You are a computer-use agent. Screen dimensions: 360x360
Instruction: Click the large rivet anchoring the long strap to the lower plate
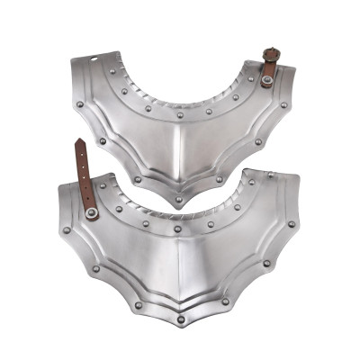pyautogui.click(x=92, y=212)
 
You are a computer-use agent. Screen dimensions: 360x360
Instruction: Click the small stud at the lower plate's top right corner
pyautogui.click(x=267, y=172)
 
